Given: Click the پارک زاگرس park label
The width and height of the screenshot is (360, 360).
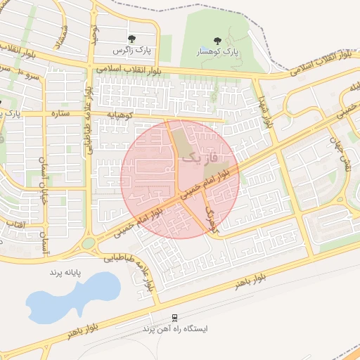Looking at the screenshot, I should pyautogui.click(x=136, y=51).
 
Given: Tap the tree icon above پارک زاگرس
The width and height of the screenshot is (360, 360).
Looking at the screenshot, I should pyautogui.click(x=131, y=39).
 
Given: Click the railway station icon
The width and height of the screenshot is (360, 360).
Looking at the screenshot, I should pyautogui.click(x=174, y=317).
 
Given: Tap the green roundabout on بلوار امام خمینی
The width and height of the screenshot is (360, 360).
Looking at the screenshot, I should pyautogui.click(x=89, y=244).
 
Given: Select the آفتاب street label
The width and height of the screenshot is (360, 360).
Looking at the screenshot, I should pyautogui.click(x=30, y=224).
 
